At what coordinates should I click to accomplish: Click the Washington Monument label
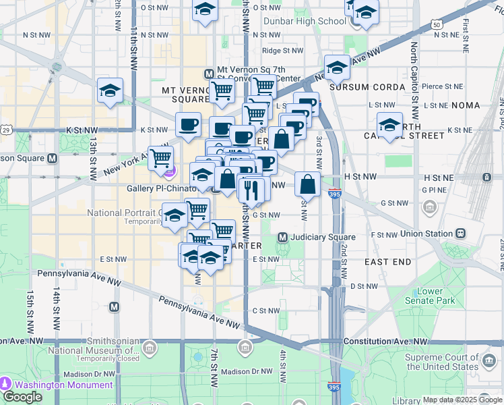64,385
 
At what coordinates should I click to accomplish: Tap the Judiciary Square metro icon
283,238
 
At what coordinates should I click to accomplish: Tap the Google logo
22,396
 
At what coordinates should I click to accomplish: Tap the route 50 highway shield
437,25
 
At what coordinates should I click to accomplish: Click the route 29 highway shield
6,130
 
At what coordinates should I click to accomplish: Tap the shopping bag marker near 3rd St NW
308,184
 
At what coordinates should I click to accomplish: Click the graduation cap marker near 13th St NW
110,91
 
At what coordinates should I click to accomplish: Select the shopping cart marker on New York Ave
160,159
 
